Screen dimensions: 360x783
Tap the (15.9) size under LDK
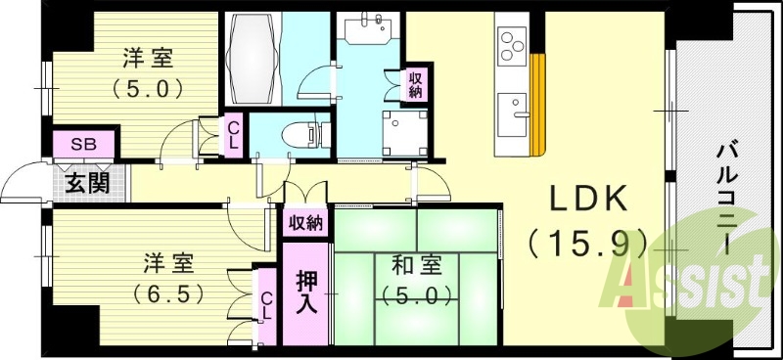click(x=588, y=240)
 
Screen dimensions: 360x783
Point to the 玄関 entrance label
click(x=87, y=183)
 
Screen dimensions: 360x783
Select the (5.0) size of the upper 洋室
click(x=148, y=89)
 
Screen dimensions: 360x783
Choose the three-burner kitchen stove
click(x=512, y=43)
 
